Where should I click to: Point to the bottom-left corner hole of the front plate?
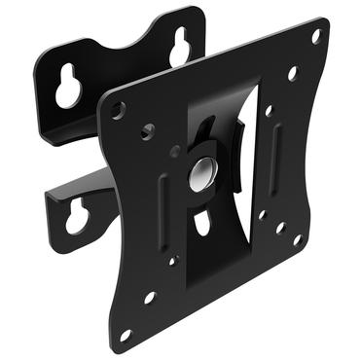click(x=125, y=336)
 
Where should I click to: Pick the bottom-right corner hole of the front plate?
click(x=298, y=240)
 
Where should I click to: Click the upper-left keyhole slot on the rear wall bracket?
click(x=68, y=90)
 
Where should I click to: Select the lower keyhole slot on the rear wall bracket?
click(x=75, y=216)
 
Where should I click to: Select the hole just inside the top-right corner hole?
click(x=291, y=72)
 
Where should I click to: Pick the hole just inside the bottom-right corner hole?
click(x=279, y=228)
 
